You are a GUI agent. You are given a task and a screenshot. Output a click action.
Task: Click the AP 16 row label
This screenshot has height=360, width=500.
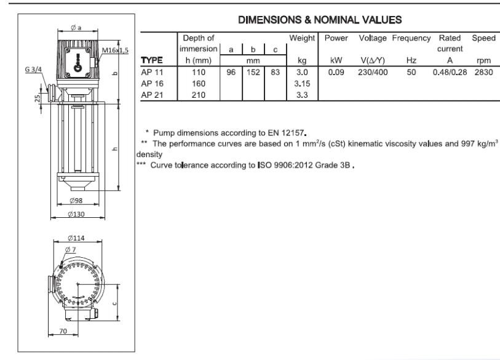(x=152, y=84)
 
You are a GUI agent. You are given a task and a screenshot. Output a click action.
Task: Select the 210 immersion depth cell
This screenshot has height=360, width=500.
(x=199, y=95)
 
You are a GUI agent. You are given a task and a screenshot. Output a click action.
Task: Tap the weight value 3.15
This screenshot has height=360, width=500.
(x=302, y=84)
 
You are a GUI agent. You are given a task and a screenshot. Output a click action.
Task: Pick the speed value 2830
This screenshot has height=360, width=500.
(x=484, y=72)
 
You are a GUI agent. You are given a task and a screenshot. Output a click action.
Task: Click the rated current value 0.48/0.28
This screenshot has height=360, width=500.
(x=450, y=72)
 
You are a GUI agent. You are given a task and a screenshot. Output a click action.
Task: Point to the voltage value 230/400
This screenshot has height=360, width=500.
(x=373, y=72)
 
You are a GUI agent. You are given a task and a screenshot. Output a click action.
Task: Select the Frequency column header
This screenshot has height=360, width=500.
(x=411, y=38)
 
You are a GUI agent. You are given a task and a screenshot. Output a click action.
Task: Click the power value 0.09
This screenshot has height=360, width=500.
(x=336, y=72)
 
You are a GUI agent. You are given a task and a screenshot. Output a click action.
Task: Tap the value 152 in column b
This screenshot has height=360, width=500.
(x=253, y=72)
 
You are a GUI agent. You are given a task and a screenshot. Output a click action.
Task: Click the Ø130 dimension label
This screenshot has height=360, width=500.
(x=76, y=214)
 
